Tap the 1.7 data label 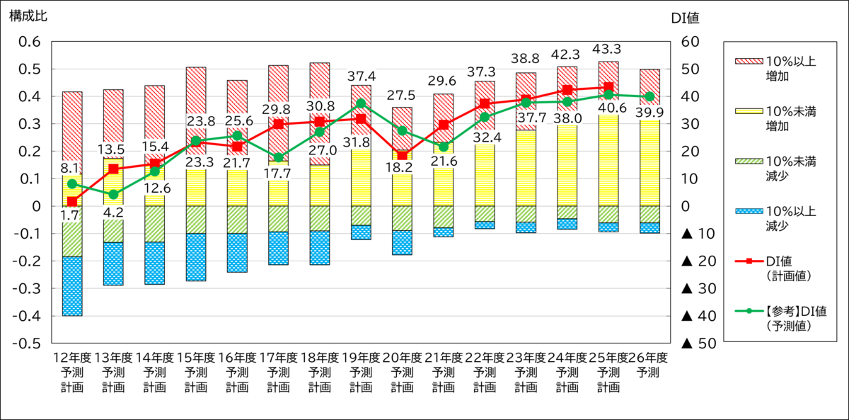click(70, 214)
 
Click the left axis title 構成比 click(28, 16)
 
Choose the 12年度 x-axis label click(72, 357)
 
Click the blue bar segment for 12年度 click(72, 286)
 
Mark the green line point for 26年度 click(649, 96)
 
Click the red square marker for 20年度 click(402, 156)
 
